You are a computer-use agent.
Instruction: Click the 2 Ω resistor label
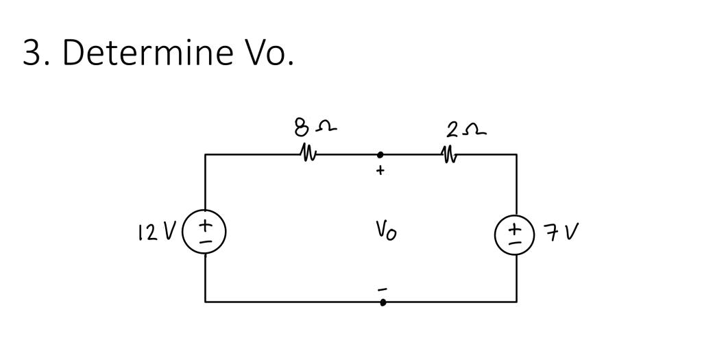[x=465, y=128]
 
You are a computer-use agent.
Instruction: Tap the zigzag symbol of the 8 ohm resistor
[x=308, y=152]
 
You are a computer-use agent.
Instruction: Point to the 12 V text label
[x=157, y=232]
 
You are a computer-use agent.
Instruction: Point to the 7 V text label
[x=561, y=232]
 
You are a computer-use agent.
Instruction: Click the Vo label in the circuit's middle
[x=385, y=230]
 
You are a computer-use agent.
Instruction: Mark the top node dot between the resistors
[x=380, y=155]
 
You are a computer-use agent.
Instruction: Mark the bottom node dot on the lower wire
[x=383, y=302]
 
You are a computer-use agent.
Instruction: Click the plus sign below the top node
[x=380, y=171]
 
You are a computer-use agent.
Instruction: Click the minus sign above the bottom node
[x=383, y=289]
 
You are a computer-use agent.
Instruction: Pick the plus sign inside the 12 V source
[x=204, y=225]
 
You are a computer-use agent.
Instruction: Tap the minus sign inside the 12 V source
[x=204, y=241]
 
